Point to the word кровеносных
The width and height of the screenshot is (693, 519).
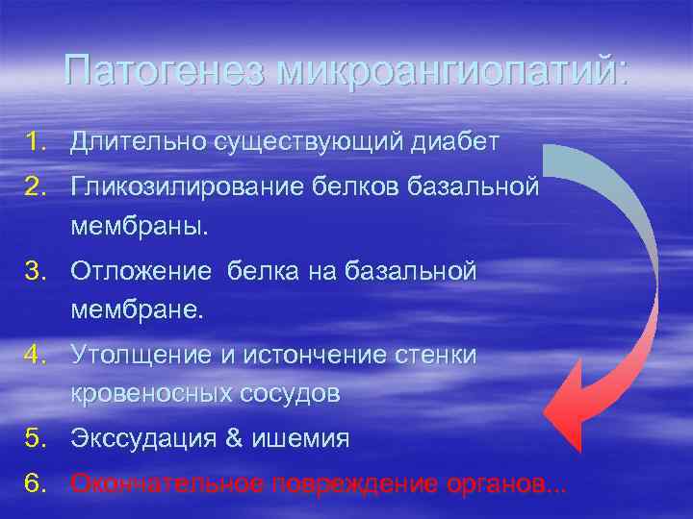click(x=141, y=395)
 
